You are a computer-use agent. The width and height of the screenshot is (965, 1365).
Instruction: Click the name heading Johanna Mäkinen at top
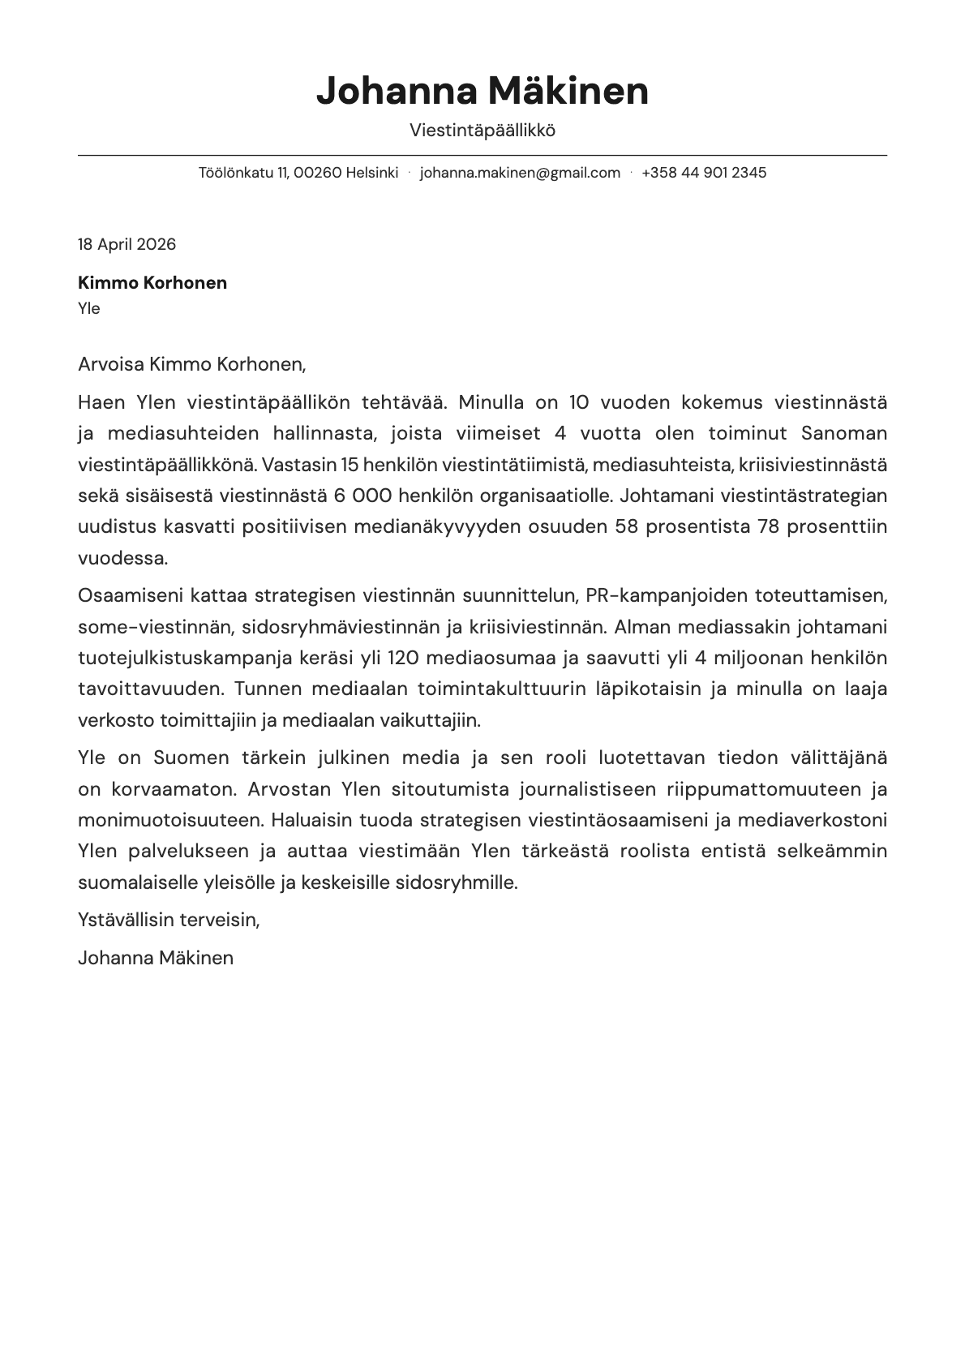pyautogui.click(x=482, y=91)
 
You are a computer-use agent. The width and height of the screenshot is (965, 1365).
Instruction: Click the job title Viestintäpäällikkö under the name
pyautogui.click(x=482, y=131)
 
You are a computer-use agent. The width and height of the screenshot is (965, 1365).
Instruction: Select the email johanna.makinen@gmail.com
pyautogui.click(x=520, y=173)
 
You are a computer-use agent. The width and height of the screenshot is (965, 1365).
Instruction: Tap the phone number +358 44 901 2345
pyautogui.click(x=703, y=173)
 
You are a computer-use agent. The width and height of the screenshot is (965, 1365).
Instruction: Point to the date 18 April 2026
pyautogui.click(x=127, y=244)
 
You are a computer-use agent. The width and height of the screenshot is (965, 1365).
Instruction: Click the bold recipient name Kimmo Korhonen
pyautogui.click(x=152, y=283)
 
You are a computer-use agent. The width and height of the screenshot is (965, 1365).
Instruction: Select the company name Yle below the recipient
pyautogui.click(x=88, y=308)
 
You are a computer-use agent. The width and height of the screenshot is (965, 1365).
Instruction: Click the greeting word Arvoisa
pyautogui.click(x=111, y=364)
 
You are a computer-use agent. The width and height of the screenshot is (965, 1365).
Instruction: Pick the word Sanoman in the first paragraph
pyautogui.click(x=843, y=433)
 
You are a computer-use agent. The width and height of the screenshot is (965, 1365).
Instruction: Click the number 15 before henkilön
pyautogui.click(x=350, y=465)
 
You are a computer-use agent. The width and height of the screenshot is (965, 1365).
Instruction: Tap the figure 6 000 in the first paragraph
pyautogui.click(x=362, y=496)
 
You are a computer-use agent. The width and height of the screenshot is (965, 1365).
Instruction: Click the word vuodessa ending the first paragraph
pyautogui.click(x=122, y=558)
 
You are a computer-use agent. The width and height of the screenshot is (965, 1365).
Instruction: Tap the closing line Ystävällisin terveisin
pyautogui.click(x=169, y=920)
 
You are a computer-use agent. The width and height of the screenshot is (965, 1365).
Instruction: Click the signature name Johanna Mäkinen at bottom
pyautogui.click(x=156, y=958)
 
